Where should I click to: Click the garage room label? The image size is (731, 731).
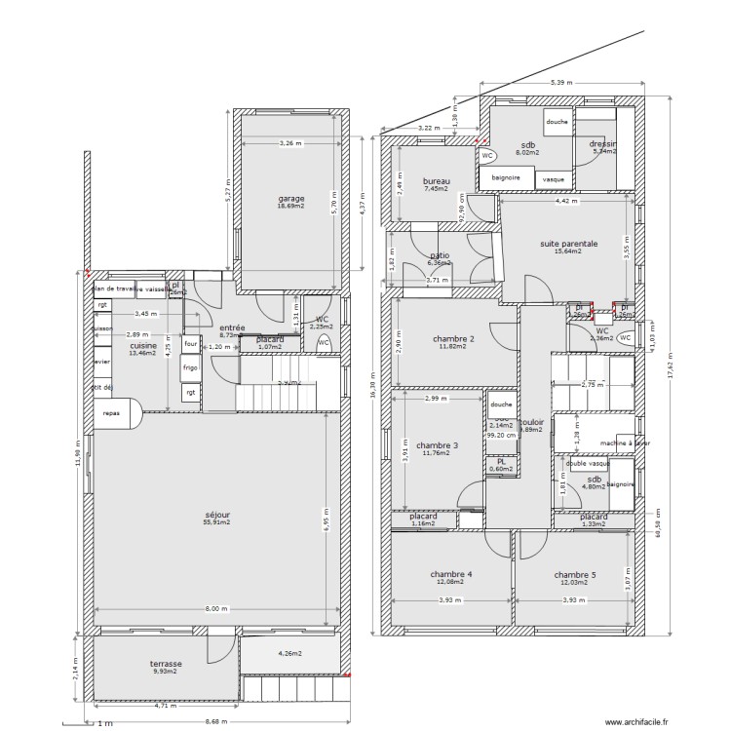(x=290, y=198)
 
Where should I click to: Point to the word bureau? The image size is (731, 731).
(x=436, y=181)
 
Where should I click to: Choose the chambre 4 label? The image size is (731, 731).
(x=451, y=575)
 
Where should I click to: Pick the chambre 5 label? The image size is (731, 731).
(x=575, y=575)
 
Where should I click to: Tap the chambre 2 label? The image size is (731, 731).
(x=453, y=339)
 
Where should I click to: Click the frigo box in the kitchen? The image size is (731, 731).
(x=190, y=368)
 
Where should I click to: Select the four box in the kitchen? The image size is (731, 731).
(x=190, y=343)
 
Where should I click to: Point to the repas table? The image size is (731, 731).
(x=113, y=413)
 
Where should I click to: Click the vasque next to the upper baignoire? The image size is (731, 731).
(x=554, y=179)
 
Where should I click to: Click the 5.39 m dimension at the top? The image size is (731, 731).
(x=561, y=83)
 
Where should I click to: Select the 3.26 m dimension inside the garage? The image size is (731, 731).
(x=290, y=143)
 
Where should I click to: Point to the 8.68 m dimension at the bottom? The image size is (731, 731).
(x=216, y=722)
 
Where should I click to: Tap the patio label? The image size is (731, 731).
(x=440, y=256)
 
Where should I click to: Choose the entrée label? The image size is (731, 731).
(x=232, y=328)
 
